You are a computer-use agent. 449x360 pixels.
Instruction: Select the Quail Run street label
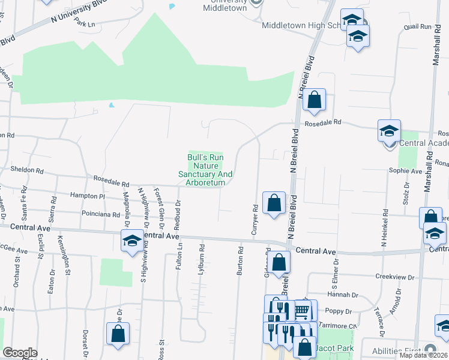tap(418, 27)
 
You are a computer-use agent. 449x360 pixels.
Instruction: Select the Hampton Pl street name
tap(87, 196)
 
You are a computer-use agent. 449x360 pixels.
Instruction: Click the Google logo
tap(20, 353)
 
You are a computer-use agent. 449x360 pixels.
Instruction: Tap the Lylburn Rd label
tap(201, 260)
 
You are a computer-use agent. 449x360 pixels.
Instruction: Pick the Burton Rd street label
tap(240, 262)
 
